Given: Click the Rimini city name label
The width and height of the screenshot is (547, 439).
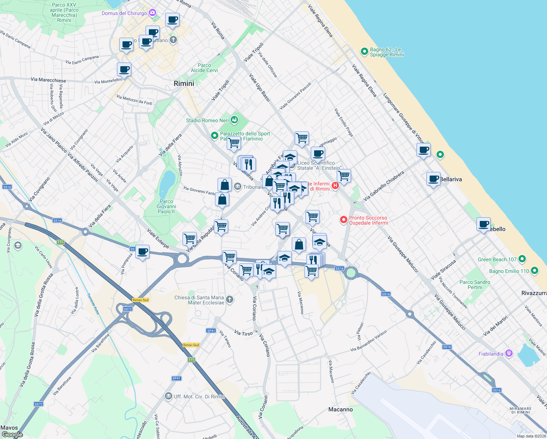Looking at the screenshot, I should (x=184, y=83).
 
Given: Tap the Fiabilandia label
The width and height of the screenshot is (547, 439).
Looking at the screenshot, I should (x=491, y=354).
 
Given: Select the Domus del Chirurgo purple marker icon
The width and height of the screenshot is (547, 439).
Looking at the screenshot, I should (x=152, y=13).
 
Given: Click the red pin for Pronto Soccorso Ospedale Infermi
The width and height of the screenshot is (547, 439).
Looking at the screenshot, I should (x=343, y=220).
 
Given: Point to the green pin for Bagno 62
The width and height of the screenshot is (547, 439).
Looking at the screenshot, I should (x=364, y=52).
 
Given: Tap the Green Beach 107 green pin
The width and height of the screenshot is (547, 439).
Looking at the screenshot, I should (x=522, y=259).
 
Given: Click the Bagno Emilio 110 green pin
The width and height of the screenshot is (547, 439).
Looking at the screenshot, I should (x=535, y=271).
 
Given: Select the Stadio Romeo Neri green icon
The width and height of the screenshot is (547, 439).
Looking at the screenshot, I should (x=234, y=120).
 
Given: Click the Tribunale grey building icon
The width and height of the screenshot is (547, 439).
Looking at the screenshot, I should (x=238, y=187).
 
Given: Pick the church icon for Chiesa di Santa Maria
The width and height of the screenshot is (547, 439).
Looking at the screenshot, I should (x=229, y=300).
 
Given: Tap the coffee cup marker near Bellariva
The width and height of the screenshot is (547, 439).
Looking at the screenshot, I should (x=433, y=179).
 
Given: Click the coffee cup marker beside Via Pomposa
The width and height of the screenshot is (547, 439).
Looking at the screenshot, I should (x=142, y=252).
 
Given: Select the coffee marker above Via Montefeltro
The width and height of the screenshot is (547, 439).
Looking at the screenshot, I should (x=124, y=69).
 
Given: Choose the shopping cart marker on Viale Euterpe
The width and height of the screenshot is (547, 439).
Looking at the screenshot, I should (x=189, y=239).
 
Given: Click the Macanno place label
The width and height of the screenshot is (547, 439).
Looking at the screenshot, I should (x=340, y=409).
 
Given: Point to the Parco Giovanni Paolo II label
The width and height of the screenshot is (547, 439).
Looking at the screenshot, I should (x=166, y=206).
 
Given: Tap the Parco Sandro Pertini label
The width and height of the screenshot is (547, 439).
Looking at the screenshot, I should (x=475, y=285).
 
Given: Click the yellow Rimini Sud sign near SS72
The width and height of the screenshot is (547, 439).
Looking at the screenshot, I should (x=140, y=300).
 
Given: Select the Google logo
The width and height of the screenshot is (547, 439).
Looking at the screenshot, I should (x=12, y=435).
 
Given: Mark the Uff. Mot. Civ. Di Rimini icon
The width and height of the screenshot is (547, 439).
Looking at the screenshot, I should (x=168, y=396).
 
